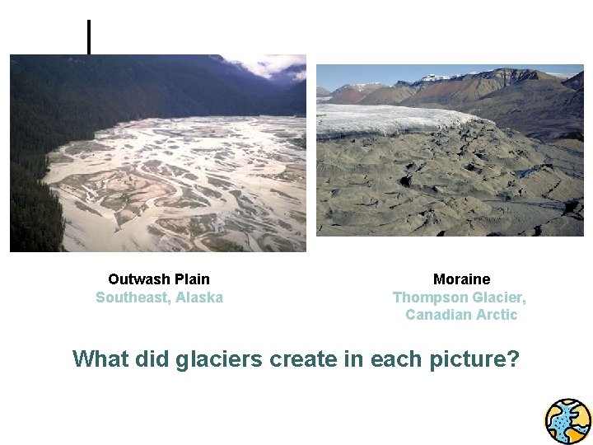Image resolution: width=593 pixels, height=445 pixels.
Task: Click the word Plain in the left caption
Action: coord(193,279)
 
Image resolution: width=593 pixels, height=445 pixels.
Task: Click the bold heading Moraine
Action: coord(461,279)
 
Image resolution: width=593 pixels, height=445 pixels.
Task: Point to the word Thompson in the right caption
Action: coord(429,297)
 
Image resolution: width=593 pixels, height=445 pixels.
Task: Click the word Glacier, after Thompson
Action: coord(499,297)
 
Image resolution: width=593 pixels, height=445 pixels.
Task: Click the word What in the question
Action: coord(99,359)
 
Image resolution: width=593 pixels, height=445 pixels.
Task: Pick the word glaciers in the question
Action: coord(214,359)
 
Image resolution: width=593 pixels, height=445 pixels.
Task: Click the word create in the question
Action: coord(297,359)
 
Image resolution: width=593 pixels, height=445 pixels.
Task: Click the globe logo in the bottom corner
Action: coord(568,421)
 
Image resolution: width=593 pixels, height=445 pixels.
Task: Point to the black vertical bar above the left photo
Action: coord(89,37)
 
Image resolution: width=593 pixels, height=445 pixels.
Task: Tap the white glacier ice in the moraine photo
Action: coord(387,119)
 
